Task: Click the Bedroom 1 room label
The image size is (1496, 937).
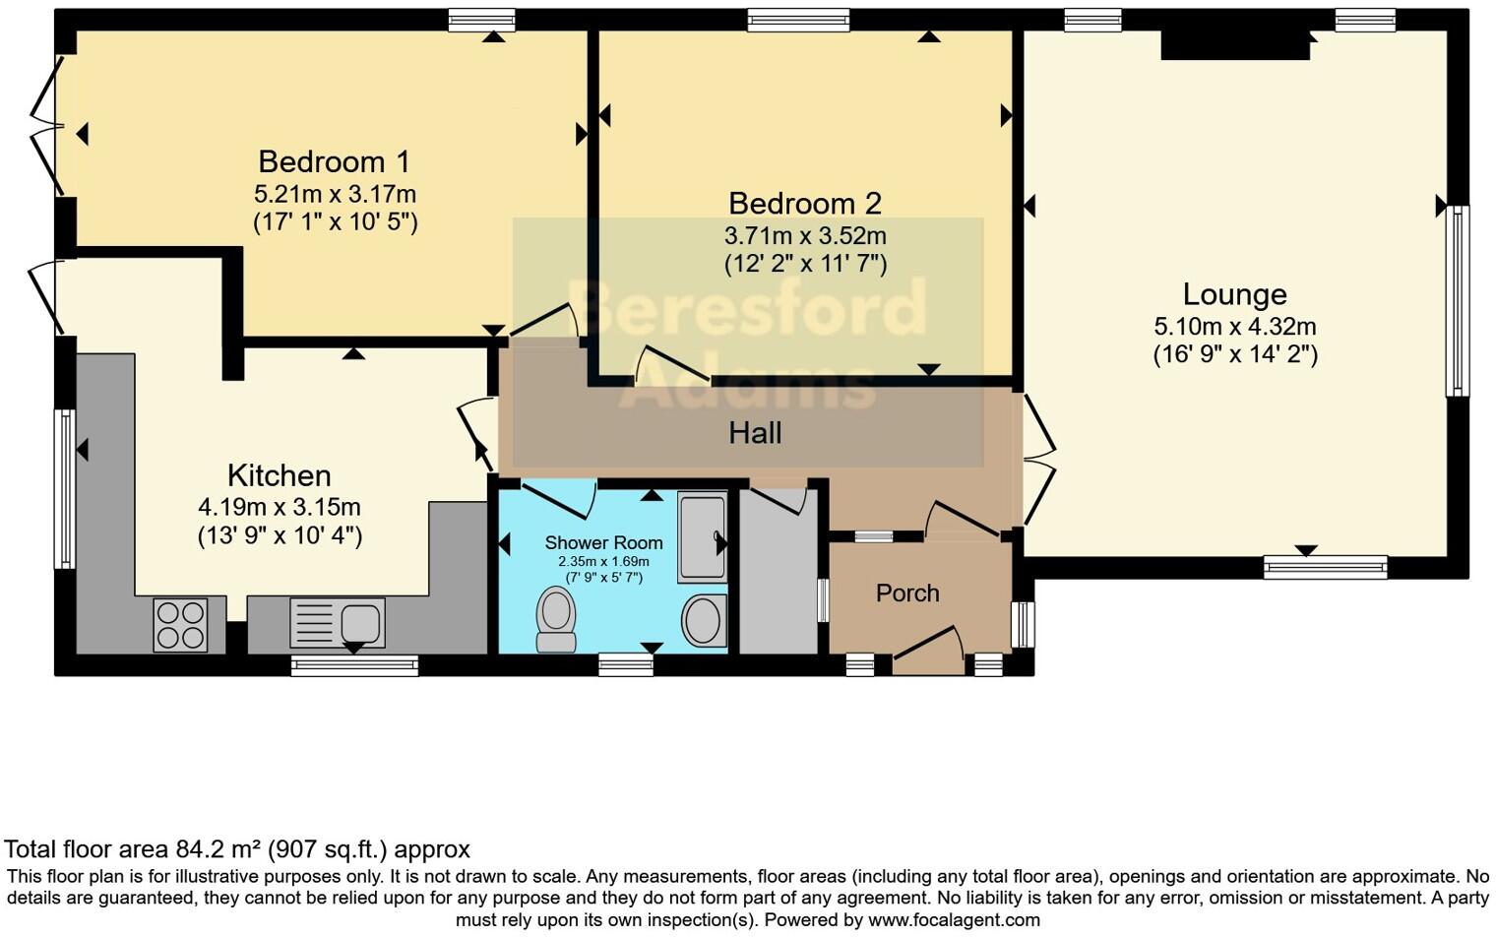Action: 334,161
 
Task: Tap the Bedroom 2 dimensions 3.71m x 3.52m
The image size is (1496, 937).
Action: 805,236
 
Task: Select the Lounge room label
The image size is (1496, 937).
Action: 1234,294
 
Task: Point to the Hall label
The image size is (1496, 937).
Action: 755,432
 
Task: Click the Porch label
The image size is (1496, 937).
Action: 907,593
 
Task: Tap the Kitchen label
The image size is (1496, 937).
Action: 279,475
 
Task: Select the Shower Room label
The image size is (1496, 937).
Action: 603,542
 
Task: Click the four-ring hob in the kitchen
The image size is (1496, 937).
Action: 180,624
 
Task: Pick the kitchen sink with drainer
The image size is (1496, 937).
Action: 338,622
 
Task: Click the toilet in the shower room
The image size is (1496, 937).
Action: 556,619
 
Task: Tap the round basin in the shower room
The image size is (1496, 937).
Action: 704,620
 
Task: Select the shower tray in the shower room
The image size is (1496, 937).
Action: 702,538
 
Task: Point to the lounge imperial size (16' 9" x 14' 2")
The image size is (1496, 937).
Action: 1235,354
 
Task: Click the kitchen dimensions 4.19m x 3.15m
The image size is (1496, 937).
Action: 280,508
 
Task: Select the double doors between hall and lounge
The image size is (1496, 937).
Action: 1038,460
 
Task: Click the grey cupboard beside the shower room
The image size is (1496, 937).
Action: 778,576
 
